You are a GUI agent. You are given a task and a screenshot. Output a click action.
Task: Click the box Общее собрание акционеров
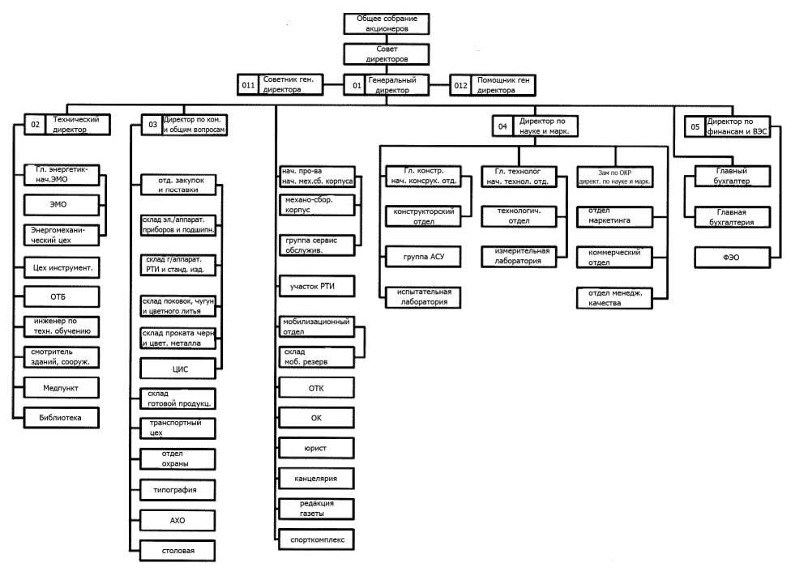(x=386, y=23)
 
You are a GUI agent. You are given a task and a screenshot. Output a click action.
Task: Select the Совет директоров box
(x=386, y=54)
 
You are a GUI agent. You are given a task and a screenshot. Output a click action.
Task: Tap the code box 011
(x=249, y=85)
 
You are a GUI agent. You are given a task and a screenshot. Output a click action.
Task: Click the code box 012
(x=461, y=85)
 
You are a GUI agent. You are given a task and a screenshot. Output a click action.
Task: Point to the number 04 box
(x=503, y=126)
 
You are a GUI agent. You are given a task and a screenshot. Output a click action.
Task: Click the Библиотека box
(x=62, y=417)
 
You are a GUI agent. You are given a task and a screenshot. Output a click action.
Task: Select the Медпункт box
(x=62, y=387)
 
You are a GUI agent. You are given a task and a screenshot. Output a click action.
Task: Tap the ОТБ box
(x=62, y=294)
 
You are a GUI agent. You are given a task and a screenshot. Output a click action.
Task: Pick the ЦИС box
(x=178, y=369)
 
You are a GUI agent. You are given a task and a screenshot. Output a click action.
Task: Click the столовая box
(x=178, y=551)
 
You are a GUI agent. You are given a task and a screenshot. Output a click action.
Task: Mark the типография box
(x=178, y=489)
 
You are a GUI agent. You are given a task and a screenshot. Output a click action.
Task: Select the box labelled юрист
(x=316, y=446)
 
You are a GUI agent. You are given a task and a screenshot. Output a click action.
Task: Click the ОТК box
(x=316, y=388)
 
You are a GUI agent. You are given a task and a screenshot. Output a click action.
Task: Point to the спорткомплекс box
(x=316, y=538)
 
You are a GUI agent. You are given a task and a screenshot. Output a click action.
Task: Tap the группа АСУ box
(x=421, y=258)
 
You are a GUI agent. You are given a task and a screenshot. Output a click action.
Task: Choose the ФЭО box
(x=732, y=258)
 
